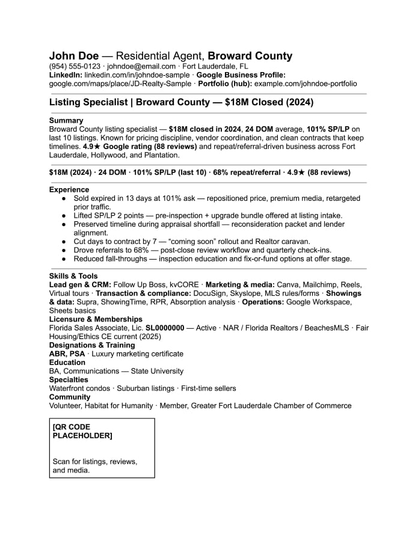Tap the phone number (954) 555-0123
tap(75, 66)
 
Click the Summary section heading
tap(66, 120)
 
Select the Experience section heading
tap(69, 189)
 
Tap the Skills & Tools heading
tap(73, 276)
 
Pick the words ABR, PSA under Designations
tap(67, 353)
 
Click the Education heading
tap(67, 362)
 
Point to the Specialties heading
tap(69, 379)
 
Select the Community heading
tap(70, 397)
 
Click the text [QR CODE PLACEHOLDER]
tap(82, 431)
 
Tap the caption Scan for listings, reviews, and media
tap(94, 466)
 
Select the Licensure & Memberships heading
tap(96, 319)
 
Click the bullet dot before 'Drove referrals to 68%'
tap(64, 250)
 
